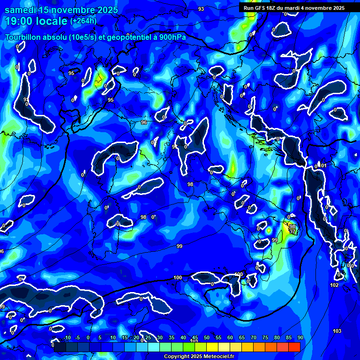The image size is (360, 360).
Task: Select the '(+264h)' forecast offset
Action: pos(83,21)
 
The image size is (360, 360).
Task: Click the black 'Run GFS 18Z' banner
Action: pos(293,8)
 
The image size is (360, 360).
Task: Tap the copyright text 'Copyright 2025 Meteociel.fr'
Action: pos(199,356)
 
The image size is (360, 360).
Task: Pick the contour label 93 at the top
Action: pos(201,9)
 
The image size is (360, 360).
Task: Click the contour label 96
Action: pos(144,122)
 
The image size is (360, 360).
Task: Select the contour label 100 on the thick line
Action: pos(178,278)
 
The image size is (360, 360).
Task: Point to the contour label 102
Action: pos(334,285)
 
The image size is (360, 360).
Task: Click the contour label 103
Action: pos(337,331)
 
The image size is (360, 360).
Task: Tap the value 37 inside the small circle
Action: pos(292,232)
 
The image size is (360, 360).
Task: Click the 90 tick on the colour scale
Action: pos(300,338)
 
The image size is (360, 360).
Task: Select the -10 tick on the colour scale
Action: pos(67,338)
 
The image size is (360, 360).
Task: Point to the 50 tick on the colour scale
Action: pos(207,338)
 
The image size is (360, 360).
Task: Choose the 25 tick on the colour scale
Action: pos(148,338)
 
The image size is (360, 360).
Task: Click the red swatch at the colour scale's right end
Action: pos(294,347)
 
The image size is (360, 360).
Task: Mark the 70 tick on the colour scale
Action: pos(254,338)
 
